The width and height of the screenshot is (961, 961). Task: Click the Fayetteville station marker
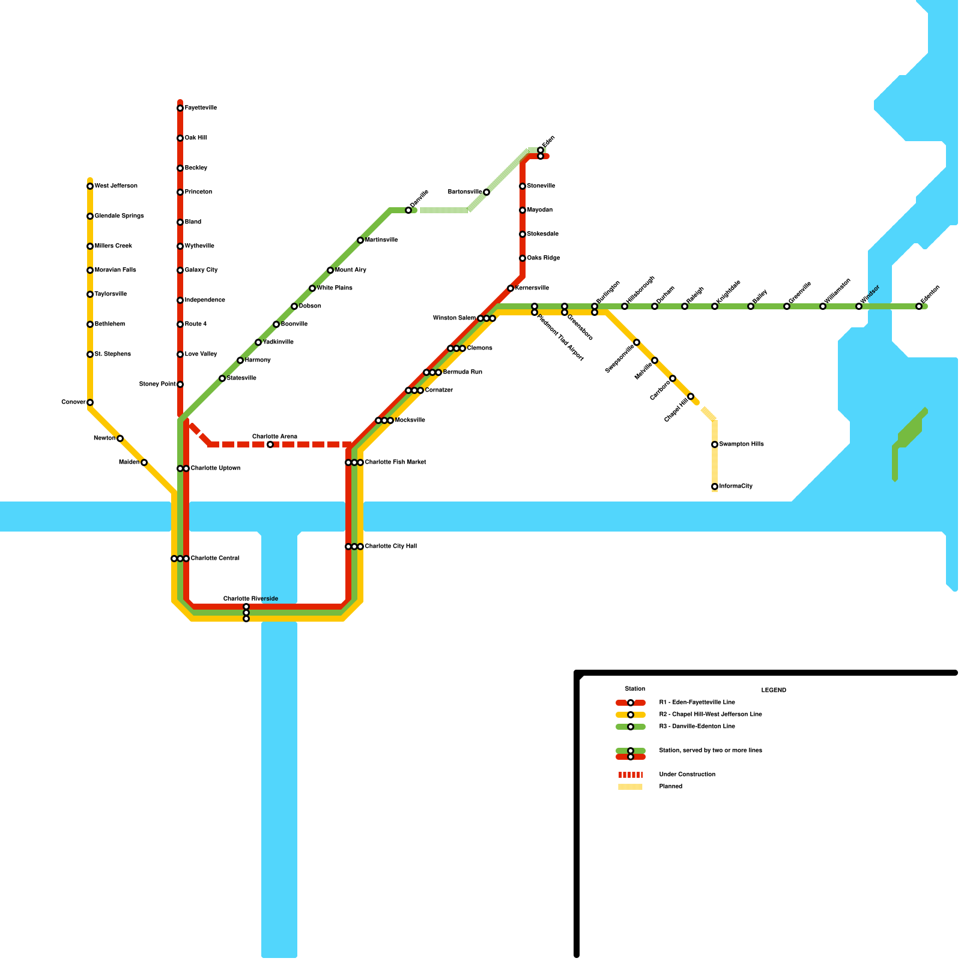click(180, 108)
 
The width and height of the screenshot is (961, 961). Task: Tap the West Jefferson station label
click(116, 186)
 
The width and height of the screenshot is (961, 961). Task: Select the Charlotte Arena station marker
click(270, 444)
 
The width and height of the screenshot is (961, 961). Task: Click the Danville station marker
click(408, 210)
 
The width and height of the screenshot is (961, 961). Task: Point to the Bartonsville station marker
click(487, 192)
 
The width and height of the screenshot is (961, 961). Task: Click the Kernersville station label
click(532, 288)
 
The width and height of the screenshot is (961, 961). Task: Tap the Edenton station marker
click(919, 306)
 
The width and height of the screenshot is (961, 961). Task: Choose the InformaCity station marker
click(715, 487)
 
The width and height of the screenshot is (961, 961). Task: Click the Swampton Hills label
click(742, 444)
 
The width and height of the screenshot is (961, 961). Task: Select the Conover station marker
click(90, 402)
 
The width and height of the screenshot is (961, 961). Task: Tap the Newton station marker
click(120, 438)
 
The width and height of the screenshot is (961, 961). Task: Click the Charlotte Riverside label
click(250, 599)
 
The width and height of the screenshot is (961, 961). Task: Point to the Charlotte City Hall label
click(391, 547)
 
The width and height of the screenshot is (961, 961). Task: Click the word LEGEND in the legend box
click(774, 690)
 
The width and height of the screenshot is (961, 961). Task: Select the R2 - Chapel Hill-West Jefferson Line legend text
click(711, 715)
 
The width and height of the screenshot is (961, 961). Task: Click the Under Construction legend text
click(687, 775)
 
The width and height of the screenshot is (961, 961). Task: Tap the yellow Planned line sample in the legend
click(631, 787)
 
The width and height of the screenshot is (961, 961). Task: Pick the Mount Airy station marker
click(330, 270)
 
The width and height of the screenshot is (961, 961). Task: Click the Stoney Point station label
click(157, 384)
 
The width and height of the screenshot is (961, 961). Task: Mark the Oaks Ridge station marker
click(523, 258)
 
